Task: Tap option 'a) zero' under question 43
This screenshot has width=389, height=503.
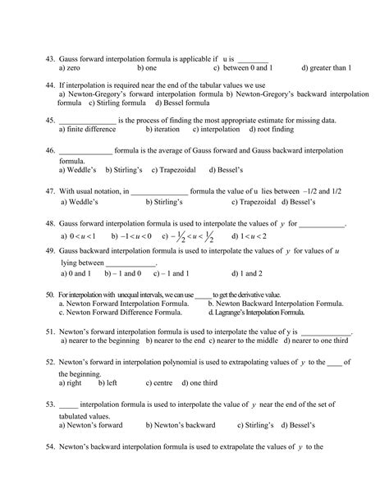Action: point(75,68)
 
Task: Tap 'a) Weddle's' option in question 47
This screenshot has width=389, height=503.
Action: point(80,202)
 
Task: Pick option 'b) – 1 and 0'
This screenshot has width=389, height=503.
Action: point(117,272)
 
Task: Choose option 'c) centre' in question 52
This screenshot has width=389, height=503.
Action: point(159,383)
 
